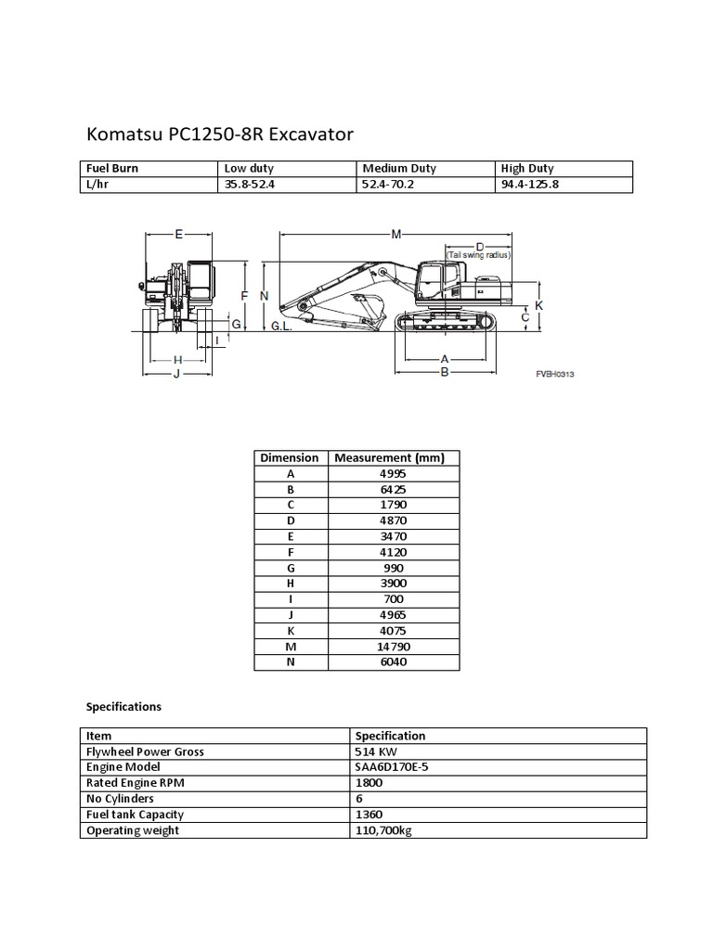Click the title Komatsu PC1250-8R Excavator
pyautogui.click(x=219, y=135)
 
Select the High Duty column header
pyautogui.click(x=526, y=169)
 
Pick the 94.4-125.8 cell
pyautogui.click(x=529, y=185)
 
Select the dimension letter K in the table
pyautogui.click(x=290, y=631)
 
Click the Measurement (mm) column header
pyautogui.click(x=390, y=457)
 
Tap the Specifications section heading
pyautogui.click(x=123, y=706)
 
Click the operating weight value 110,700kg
pyautogui.click(x=383, y=830)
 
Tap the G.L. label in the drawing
pyautogui.click(x=282, y=327)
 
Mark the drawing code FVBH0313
pyautogui.click(x=555, y=373)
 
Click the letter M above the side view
pyautogui.click(x=396, y=234)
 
